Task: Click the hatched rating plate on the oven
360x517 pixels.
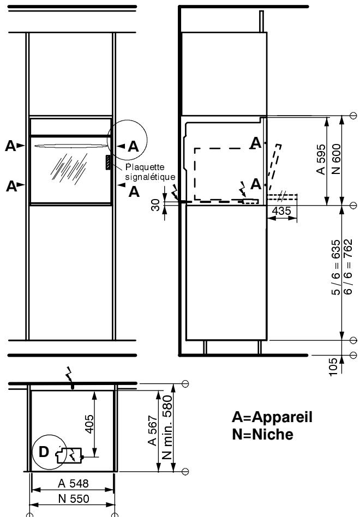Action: pyautogui.click(x=109, y=162)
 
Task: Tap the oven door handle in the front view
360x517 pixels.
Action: pyautogui.click(x=71, y=146)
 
